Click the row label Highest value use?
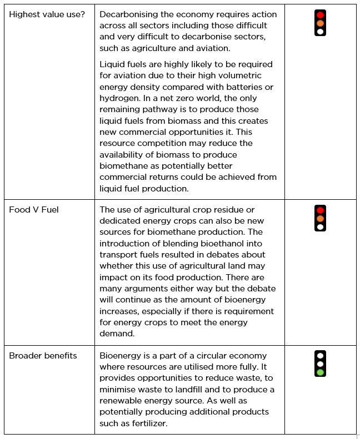[47, 14]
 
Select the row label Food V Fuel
[34, 210]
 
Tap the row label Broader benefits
[43, 356]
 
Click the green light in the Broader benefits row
[320, 372]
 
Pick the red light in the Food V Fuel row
[320, 210]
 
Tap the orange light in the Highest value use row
[320, 23]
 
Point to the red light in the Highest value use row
[320, 15]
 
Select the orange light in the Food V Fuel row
[320, 218]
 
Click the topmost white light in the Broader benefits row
[320, 355]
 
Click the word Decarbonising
[127, 14]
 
